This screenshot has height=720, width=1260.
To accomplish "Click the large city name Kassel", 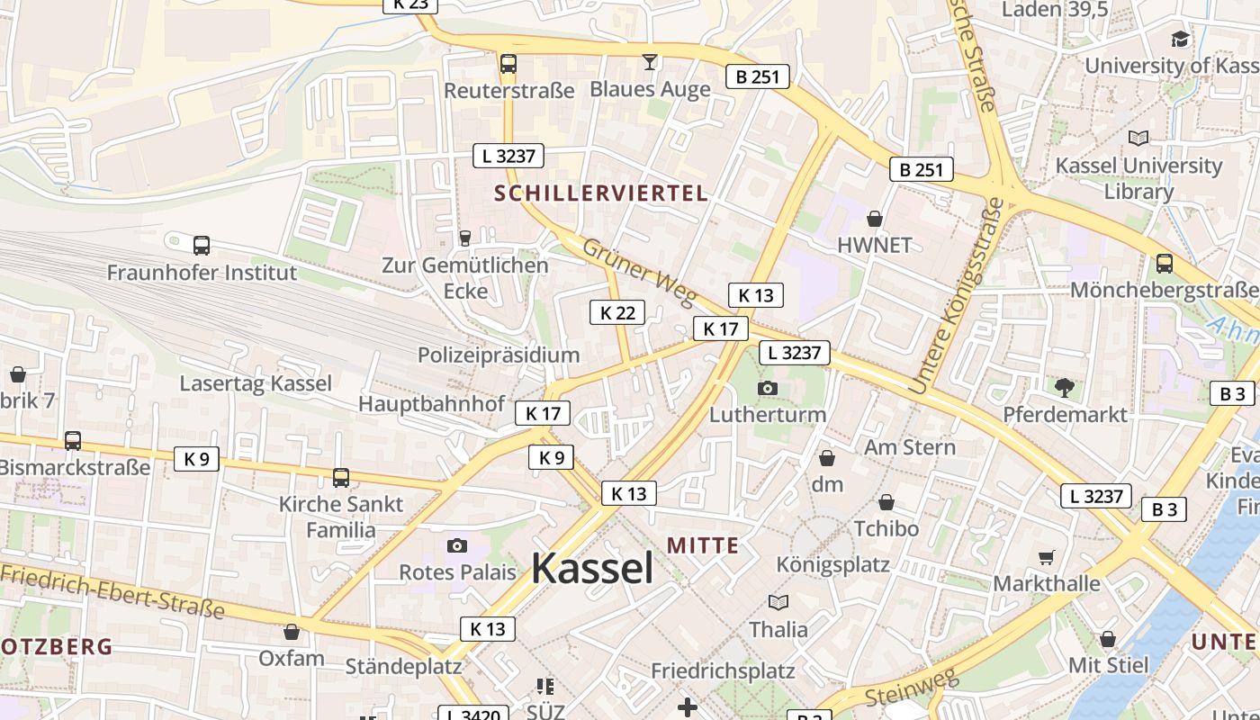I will tap(592, 568).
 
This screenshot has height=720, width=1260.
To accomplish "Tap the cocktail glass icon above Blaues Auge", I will tap(650, 62).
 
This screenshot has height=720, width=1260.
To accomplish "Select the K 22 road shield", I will tap(617, 312).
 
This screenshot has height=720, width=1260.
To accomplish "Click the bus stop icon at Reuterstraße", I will tap(508, 64).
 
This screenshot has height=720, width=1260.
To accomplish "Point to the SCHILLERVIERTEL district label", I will tap(601, 193).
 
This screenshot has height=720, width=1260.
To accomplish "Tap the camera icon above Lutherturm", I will tap(767, 388).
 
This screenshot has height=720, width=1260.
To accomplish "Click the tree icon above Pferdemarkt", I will tap(1065, 388).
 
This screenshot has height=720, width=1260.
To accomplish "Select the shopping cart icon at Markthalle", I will tap(1046, 558).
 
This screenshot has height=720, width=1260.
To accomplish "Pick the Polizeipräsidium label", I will tap(499, 355).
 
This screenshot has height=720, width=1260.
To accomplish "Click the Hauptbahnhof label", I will tap(432, 403).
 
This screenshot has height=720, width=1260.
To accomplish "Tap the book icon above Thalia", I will tap(778, 602).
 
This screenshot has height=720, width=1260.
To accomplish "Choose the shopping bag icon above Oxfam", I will tap(291, 632).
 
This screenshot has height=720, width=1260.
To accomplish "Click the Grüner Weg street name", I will tap(639, 271).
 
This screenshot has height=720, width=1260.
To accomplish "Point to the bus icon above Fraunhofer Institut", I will tap(202, 245).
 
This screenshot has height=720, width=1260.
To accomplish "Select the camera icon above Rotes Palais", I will tap(457, 545).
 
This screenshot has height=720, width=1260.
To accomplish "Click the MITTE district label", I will tap(703, 545).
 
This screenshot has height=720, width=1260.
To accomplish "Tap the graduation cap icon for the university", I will tap(1179, 39).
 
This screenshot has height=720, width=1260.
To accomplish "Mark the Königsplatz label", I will tap(833, 565).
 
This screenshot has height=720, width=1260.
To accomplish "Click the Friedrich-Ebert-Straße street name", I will tap(112, 591).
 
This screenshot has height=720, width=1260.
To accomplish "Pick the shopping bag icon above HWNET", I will tap(874, 219).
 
